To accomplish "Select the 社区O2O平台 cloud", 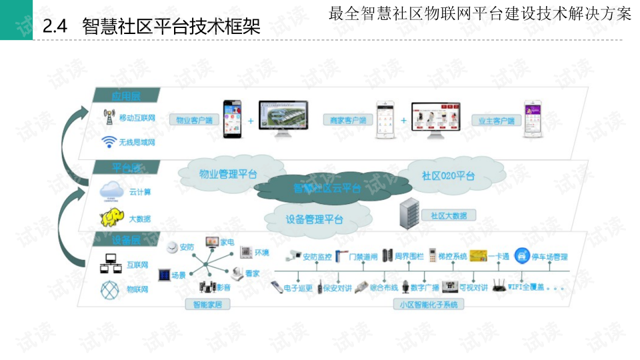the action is tap(448, 176).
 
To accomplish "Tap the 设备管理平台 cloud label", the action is tap(314, 219).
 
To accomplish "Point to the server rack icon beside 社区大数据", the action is tap(407, 215).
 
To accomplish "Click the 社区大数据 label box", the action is tap(448, 215).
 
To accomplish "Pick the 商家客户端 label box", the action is tap(348, 121).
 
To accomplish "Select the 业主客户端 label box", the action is tap(496, 121).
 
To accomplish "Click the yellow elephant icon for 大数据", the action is tap(111, 217).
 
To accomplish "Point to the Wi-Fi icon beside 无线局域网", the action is tap(109, 141).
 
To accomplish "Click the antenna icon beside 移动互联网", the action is tap(108, 117).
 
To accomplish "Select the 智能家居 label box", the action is tap(207, 305).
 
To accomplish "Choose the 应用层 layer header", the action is tap(127, 96).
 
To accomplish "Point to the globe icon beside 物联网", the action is tap(109, 289).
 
